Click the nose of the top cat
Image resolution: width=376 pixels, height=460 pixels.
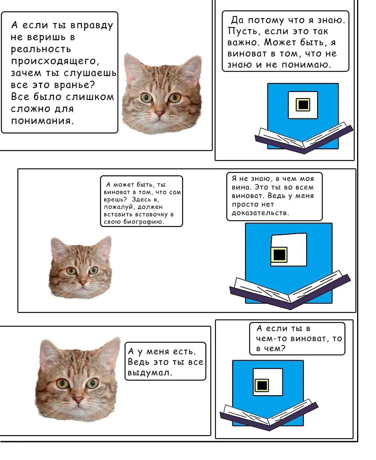point(159,113)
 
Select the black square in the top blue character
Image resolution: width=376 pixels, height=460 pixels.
point(303,105)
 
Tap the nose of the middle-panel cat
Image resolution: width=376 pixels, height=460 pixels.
point(83,283)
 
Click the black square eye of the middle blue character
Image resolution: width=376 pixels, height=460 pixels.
point(279,255)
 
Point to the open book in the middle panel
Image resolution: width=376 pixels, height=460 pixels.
point(290,290)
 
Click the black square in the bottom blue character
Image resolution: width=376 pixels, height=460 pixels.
point(262,385)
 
